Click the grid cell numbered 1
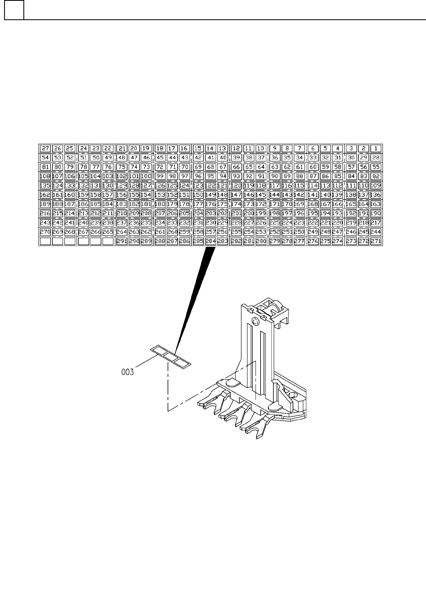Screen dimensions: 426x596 pos(376,148)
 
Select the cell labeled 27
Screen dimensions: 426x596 pos(46,148)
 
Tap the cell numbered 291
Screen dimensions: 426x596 pos(122,241)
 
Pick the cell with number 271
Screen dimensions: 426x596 pos(376,241)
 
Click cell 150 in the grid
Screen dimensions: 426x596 pos(198,195)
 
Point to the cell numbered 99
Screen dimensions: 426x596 pos(160,176)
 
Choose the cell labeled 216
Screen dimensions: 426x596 pos(46,213)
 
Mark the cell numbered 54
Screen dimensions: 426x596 pos(46,158)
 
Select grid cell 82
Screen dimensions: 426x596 pos(376,176)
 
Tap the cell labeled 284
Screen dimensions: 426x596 pos(211,241)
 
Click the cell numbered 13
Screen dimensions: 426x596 pos(222,148)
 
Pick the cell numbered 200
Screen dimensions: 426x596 pos(249,213)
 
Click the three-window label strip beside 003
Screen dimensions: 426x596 pos(171,356)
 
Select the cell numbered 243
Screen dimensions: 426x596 pos(46,223)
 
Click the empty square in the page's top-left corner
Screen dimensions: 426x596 pos(14,10)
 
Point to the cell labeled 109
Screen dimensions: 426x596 pos(376,185)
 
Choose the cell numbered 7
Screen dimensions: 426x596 pos(300,148)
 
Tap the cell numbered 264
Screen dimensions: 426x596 pos(122,232)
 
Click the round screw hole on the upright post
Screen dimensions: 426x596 pos(255,321)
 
